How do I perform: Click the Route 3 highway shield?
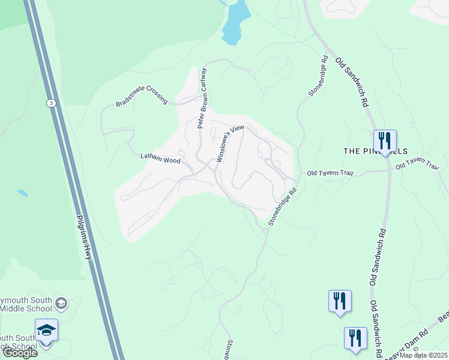click(x=52, y=103)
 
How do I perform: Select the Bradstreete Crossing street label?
click(x=142, y=97)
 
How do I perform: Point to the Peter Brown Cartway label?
click(x=203, y=98)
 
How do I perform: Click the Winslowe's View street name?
click(x=231, y=145)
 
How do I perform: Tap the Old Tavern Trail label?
click(x=330, y=173)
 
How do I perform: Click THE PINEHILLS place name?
click(x=375, y=151)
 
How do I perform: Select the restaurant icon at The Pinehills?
click(x=384, y=142)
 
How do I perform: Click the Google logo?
click(x=20, y=352)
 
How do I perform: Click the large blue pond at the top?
click(x=236, y=23)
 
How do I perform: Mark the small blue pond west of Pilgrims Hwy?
click(x=22, y=194)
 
